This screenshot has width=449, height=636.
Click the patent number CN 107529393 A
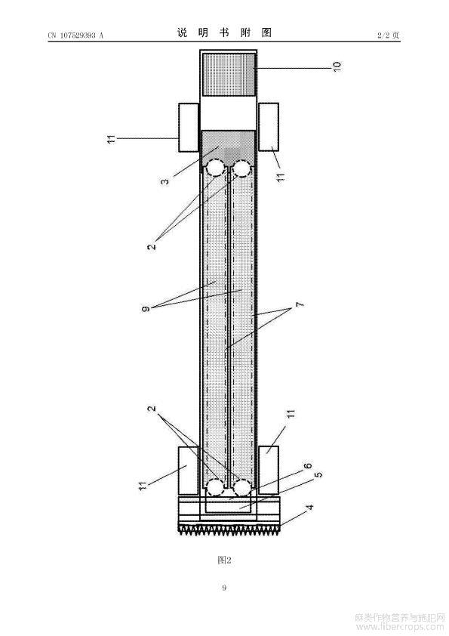[75, 36]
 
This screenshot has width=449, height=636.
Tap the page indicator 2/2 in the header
[383, 36]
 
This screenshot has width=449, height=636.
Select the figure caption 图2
[224, 560]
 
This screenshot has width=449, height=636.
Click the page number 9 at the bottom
[224, 588]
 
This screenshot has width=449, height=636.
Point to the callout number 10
[337, 66]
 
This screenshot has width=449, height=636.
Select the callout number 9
[146, 309]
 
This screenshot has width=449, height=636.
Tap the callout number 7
[300, 304]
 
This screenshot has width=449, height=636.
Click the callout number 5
[318, 474]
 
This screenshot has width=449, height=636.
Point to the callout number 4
[309, 507]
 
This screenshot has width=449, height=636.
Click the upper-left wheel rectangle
[189, 128]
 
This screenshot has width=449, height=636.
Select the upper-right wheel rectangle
[269, 127]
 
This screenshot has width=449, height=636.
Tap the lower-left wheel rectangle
[189, 471]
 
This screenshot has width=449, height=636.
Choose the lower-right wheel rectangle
[269, 470]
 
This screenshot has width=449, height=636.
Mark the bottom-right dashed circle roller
[242, 487]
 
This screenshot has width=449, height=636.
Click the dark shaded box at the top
[229, 74]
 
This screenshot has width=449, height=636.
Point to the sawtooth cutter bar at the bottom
[229, 529]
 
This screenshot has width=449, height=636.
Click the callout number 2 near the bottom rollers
[152, 409]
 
